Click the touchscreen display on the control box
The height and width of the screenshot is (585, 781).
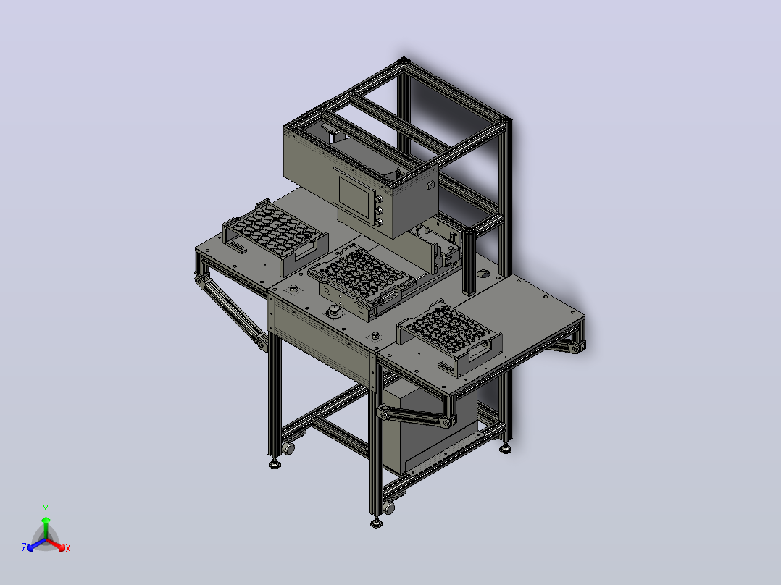[355, 194]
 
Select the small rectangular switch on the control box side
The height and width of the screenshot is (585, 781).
[430, 185]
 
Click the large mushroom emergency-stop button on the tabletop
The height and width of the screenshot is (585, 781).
[333, 313]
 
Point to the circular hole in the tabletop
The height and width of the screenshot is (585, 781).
[483, 274]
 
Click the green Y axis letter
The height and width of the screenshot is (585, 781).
[46, 509]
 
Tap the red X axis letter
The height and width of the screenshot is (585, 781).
[68, 548]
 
